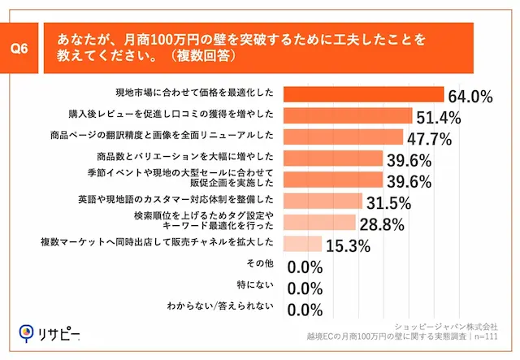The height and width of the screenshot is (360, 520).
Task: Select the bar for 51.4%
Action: click(x=348, y=115)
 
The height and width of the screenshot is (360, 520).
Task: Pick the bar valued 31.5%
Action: click(x=323, y=200)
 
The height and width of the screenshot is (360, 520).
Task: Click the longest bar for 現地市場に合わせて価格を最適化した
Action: click(x=363, y=94)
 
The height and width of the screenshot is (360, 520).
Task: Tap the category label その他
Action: click(x=259, y=264)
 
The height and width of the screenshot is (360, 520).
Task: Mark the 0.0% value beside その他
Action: click(x=306, y=266)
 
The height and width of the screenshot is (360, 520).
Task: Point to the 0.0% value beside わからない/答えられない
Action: click(x=306, y=309)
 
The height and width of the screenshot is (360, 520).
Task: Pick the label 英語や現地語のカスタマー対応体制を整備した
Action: click(x=180, y=199)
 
